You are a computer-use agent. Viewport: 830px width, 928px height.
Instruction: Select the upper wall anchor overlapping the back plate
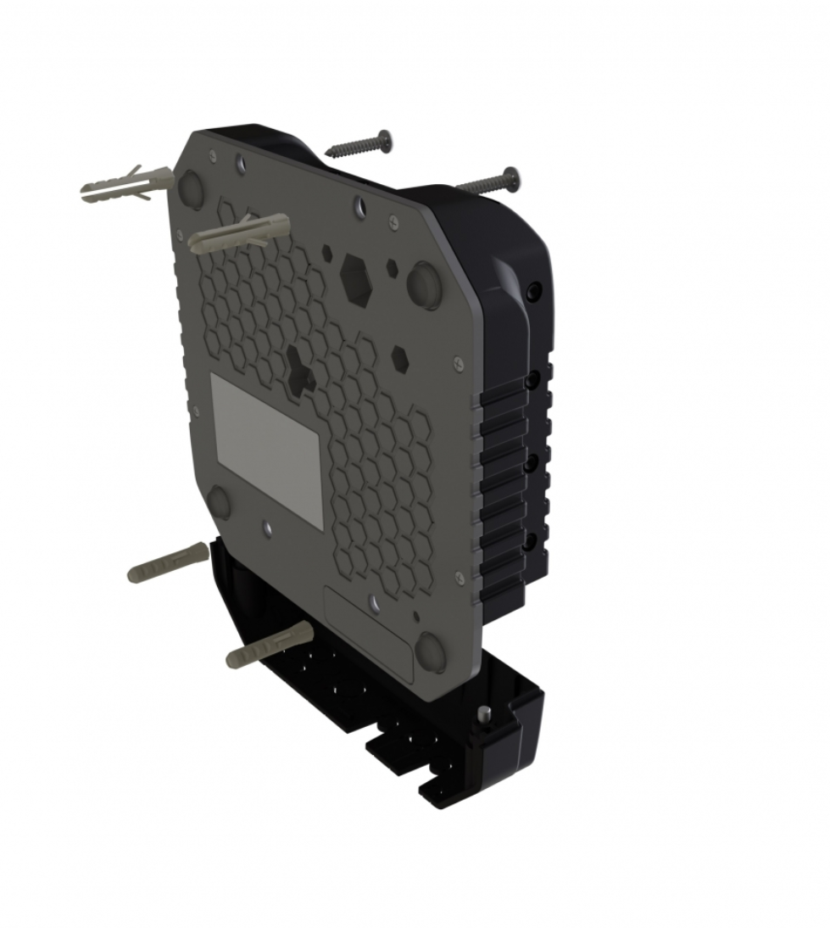[239, 233]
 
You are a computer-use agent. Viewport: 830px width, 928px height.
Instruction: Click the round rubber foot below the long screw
[423, 283]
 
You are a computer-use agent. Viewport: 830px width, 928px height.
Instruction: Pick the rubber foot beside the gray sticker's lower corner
[219, 502]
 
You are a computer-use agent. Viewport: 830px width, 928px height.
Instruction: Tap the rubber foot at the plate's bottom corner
[432, 652]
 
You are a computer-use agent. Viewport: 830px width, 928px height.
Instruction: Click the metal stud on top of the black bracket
[485, 714]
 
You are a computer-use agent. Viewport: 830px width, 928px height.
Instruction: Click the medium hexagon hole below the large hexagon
[400, 358]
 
